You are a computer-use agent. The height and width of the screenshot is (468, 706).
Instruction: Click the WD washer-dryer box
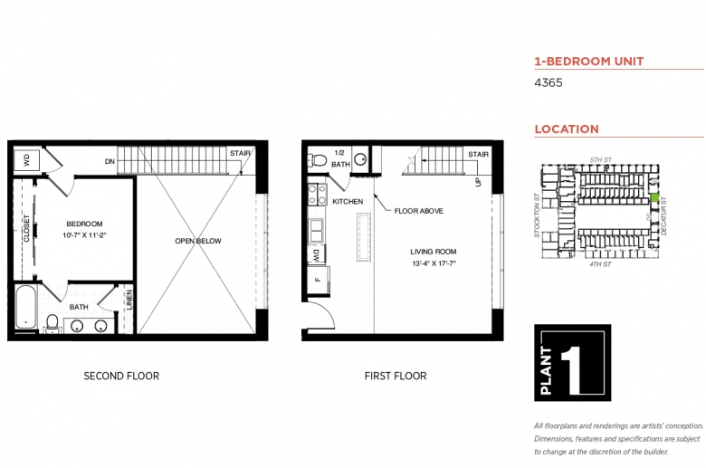[26, 160]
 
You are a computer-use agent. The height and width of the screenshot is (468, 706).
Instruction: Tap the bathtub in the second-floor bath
[26, 307]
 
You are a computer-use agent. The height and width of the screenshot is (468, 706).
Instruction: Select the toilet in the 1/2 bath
[318, 159]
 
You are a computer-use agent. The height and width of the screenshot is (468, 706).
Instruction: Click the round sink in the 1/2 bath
[360, 159]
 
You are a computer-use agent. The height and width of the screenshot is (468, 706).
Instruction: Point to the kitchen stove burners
[317, 194]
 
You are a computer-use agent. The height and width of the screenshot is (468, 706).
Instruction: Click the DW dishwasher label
[317, 255]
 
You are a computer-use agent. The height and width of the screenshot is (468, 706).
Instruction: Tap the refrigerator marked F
[319, 280]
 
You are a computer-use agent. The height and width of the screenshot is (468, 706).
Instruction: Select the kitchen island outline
[364, 237]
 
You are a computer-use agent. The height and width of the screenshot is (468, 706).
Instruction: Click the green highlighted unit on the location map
[654, 197]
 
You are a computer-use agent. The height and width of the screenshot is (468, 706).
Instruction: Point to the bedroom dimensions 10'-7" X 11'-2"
[85, 235]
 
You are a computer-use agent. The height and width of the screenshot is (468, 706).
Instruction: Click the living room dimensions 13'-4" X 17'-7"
[434, 263]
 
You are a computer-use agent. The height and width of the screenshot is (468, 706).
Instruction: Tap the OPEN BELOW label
[198, 241]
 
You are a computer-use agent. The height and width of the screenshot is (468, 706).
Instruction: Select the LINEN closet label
[129, 300]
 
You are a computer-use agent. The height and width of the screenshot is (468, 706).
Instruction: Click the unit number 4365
[549, 82]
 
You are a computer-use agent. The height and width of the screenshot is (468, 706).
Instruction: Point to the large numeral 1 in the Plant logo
[571, 365]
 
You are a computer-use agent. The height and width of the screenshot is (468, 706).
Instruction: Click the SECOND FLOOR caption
[121, 376]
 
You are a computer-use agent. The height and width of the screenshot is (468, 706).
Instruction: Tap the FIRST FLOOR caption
[396, 376]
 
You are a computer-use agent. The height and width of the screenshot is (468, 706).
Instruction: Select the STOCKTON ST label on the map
[537, 215]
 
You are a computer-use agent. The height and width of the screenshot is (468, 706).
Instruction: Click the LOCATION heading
[567, 129]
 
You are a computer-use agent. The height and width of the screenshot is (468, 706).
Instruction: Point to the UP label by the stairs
[478, 182]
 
